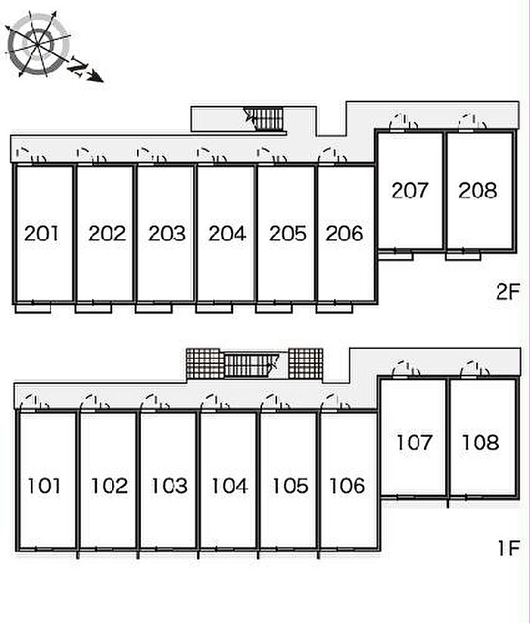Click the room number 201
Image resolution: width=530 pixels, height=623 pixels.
point(41,233)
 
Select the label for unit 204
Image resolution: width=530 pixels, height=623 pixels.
point(227,233)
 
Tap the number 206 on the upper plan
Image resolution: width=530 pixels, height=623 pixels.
point(345,233)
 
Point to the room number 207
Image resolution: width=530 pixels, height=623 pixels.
point(410,191)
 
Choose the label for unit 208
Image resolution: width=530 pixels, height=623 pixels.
point(478,191)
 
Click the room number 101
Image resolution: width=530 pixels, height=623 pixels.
point(45,485)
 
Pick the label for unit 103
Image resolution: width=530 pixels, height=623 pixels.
point(168,485)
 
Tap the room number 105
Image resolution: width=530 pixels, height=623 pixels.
point(288,485)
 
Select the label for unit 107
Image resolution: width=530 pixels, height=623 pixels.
point(413,442)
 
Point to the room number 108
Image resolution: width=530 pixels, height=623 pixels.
point(481,442)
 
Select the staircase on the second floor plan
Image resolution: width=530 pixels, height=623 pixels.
point(266,119)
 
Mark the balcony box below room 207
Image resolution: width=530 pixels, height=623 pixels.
point(395,255)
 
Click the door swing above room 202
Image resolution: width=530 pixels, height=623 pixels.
point(92,155)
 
